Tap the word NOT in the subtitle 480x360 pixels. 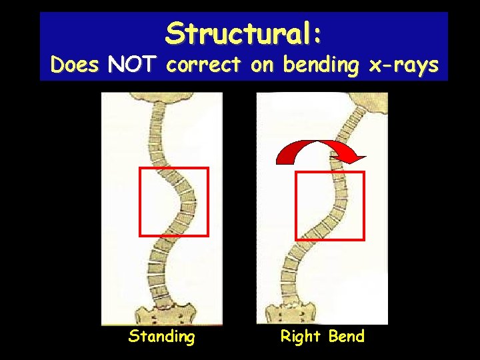coord(132,65)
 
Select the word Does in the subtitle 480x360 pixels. coord(75,65)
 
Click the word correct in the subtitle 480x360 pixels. coord(205,65)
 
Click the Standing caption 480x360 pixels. coord(161,337)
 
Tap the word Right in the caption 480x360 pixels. coord(301,337)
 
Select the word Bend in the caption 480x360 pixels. coord(346,337)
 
